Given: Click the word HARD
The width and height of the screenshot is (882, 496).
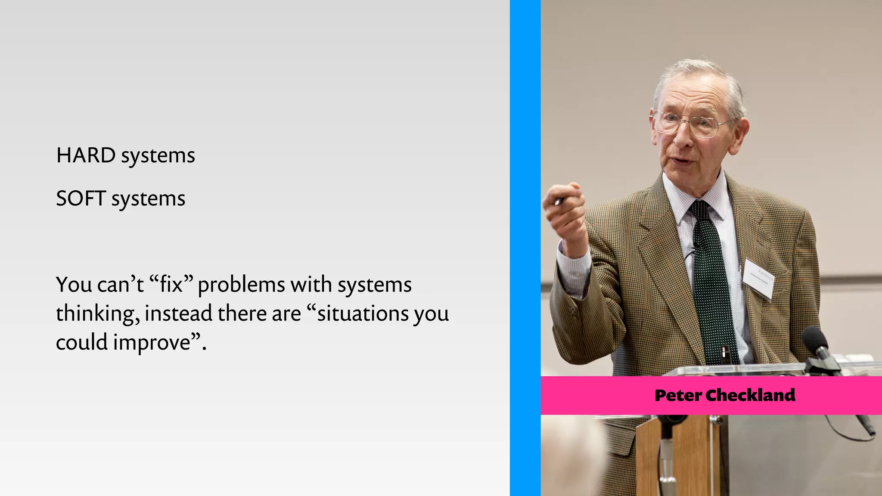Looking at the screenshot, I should coord(86,155).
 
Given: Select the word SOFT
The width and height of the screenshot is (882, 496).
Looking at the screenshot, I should coord(81,198).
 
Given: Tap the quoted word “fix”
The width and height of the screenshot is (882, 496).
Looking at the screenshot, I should coord(171,284).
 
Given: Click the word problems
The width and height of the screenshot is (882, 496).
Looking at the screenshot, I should coord(241,285).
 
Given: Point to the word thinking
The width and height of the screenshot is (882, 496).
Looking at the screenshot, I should coord(97,313).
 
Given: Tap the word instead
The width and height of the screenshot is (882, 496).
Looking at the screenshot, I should coord(178,313).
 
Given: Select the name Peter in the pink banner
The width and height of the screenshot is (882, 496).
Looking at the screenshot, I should coord(678,395).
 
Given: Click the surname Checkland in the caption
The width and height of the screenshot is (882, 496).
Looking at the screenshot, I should coord(750,395).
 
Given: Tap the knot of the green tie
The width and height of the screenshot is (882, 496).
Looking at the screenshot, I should coord(701,210).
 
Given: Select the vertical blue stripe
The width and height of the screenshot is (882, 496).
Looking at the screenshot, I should coord(525,248).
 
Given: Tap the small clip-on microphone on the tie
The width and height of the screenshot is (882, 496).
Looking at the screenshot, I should coord(694,247).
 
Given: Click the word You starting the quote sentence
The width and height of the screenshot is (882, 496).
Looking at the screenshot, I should coord(74,285).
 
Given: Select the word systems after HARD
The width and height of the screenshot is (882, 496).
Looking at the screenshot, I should coord(158,155).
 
